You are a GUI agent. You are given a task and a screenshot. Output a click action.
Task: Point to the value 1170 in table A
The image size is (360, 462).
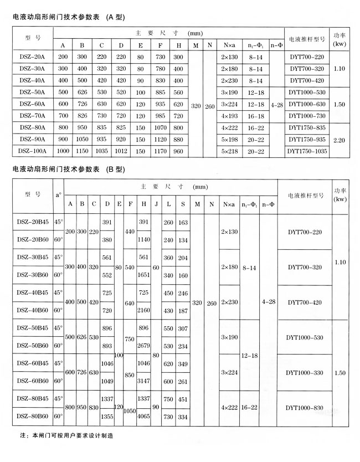(x=160, y=150)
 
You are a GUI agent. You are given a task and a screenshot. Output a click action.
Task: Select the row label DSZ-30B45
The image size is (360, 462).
(x=32, y=257)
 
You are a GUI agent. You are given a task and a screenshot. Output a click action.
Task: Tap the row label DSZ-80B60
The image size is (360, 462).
(x=32, y=415)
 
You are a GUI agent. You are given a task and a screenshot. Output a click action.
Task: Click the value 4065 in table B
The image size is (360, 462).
(x=144, y=415)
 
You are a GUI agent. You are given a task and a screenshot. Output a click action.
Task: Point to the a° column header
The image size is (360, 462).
(x=58, y=194)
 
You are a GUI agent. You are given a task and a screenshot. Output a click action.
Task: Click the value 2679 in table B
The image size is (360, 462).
(x=144, y=346)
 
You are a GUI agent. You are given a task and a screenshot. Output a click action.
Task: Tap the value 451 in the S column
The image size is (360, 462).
(x=183, y=399)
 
